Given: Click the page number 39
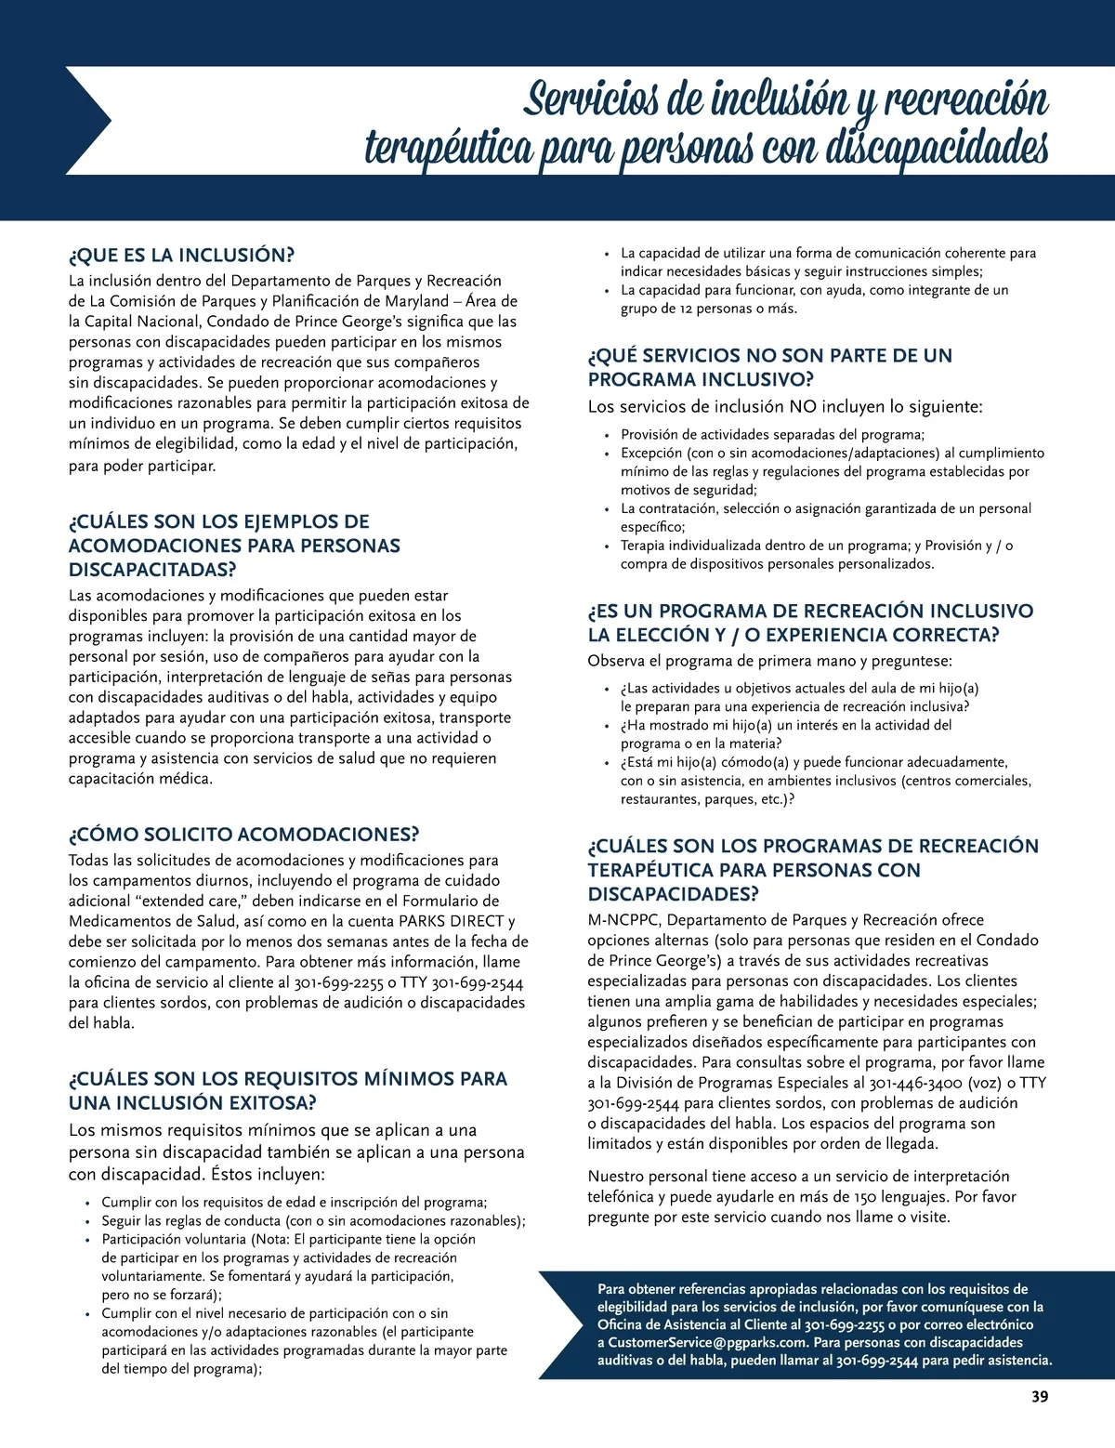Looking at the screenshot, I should click(1040, 1397).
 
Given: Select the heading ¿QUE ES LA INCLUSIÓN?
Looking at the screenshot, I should click(181, 256).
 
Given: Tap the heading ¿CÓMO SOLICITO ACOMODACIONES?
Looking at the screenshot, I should click(243, 835).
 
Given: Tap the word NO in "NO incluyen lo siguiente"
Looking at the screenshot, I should click(803, 407).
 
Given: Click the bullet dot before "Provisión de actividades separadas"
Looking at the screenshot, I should click(606, 435).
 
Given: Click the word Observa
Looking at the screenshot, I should click(617, 662).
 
